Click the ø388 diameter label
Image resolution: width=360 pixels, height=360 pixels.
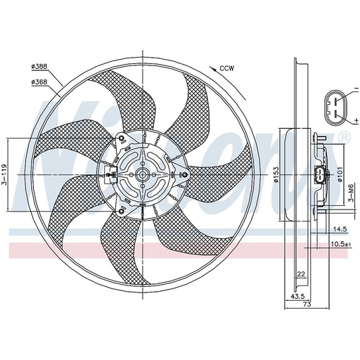click(x=39, y=66)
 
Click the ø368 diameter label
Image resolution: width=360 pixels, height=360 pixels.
click(x=39, y=82)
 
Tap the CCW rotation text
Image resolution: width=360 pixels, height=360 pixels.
click(x=226, y=68)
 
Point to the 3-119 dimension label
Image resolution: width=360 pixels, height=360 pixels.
click(x=5, y=174)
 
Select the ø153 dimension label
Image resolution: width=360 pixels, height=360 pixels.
click(x=276, y=174)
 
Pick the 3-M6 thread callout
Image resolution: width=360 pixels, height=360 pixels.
click(x=350, y=193)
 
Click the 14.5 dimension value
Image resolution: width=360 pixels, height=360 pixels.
click(x=340, y=229)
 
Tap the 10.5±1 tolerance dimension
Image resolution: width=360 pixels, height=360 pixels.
click(x=341, y=245)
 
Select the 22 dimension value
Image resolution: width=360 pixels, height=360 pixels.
click(x=301, y=274)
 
